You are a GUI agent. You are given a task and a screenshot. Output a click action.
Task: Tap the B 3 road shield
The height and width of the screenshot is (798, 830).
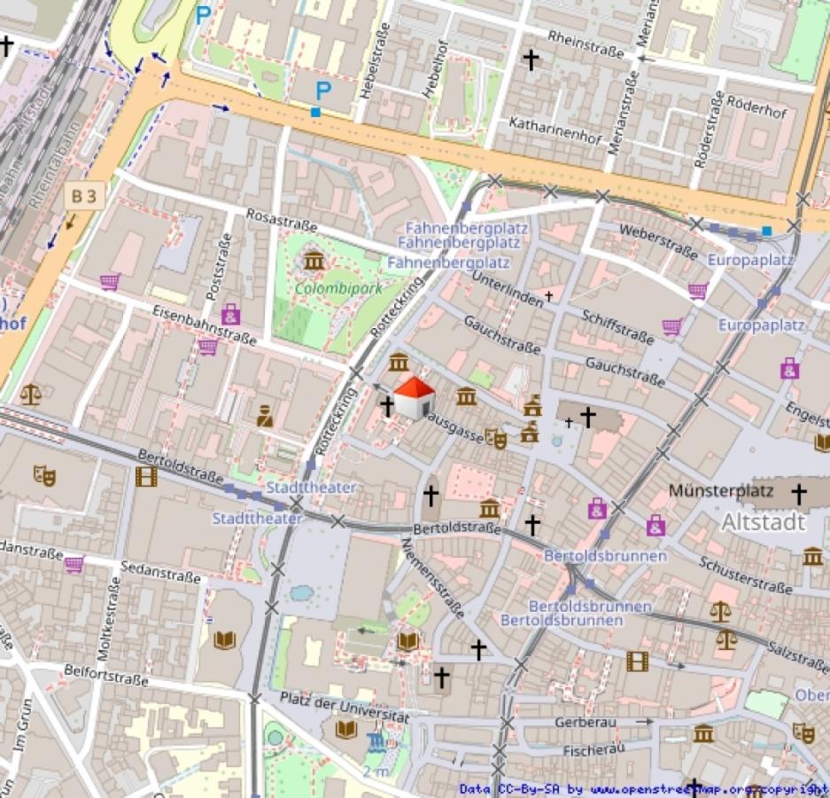click(x=84, y=197)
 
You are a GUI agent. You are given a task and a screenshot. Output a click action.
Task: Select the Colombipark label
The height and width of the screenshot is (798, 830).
click(x=325, y=288)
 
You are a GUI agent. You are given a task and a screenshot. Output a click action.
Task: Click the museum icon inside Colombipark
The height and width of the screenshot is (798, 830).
click(x=314, y=261)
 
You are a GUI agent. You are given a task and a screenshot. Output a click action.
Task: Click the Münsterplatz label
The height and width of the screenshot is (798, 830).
click(x=721, y=490)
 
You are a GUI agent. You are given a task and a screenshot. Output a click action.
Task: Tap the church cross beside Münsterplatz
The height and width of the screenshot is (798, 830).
click(x=799, y=493)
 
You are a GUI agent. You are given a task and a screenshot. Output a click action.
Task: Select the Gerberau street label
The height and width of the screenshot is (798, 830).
click(x=585, y=723)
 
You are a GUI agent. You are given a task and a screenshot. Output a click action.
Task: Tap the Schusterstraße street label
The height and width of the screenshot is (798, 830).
click(x=744, y=575)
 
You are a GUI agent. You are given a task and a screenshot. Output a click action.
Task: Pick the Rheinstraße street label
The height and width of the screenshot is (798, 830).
click(x=586, y=43)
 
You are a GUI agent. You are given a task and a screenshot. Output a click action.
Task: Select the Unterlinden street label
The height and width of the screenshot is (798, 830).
click(x=508, y=289)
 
